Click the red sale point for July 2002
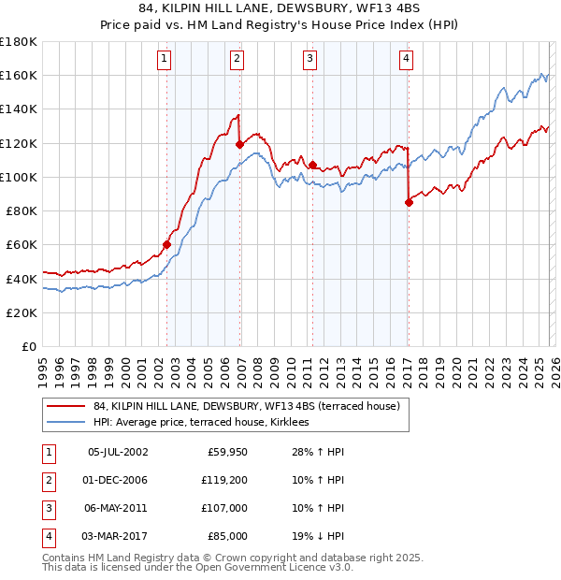[x=167, y=245]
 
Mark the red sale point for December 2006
[x=240, y=144]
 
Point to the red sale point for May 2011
[x=312, y=165]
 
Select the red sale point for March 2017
[x=409, y=202]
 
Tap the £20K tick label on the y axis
[x=22, y=312]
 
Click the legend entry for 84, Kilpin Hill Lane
[x=247, y=406]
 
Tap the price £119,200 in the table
[x=225, y=480]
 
